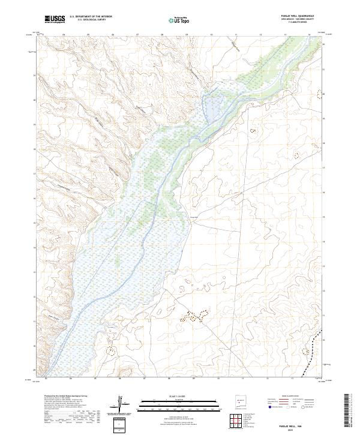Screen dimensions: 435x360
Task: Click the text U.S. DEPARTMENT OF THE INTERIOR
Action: tap(91, 17)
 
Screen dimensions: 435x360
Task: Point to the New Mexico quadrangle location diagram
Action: tap(239, 401)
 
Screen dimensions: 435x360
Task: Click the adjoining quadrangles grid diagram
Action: tap(239, 422)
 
